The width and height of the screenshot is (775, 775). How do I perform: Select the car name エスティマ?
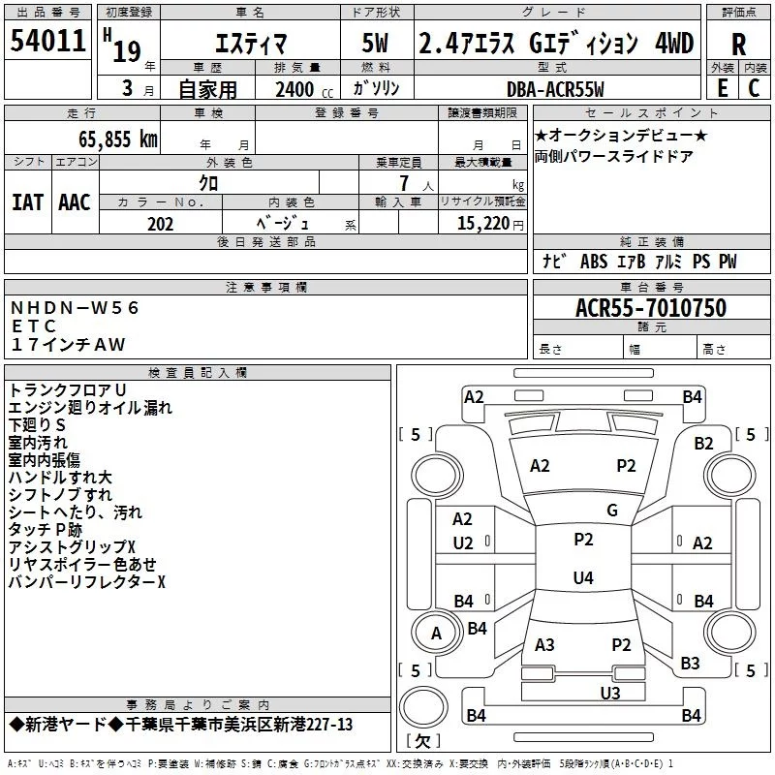coord(242,44)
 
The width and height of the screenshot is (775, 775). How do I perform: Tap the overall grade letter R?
coord(738,44)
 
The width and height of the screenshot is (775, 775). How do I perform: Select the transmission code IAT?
coord(27,201)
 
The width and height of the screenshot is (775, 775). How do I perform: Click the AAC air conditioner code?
coord(74,201)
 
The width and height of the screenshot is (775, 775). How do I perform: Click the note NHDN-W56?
coord(76,308)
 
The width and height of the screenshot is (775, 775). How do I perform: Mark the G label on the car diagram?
coord(612,511)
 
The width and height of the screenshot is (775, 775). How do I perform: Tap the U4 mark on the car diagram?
coord(582,578)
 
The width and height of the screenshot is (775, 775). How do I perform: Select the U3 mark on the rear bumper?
coord(609,693)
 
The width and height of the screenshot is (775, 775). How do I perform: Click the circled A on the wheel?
coord(436,634)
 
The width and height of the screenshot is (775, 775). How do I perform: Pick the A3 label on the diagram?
coord(544,645)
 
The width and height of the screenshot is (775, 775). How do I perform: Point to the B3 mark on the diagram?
coord(690,664)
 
